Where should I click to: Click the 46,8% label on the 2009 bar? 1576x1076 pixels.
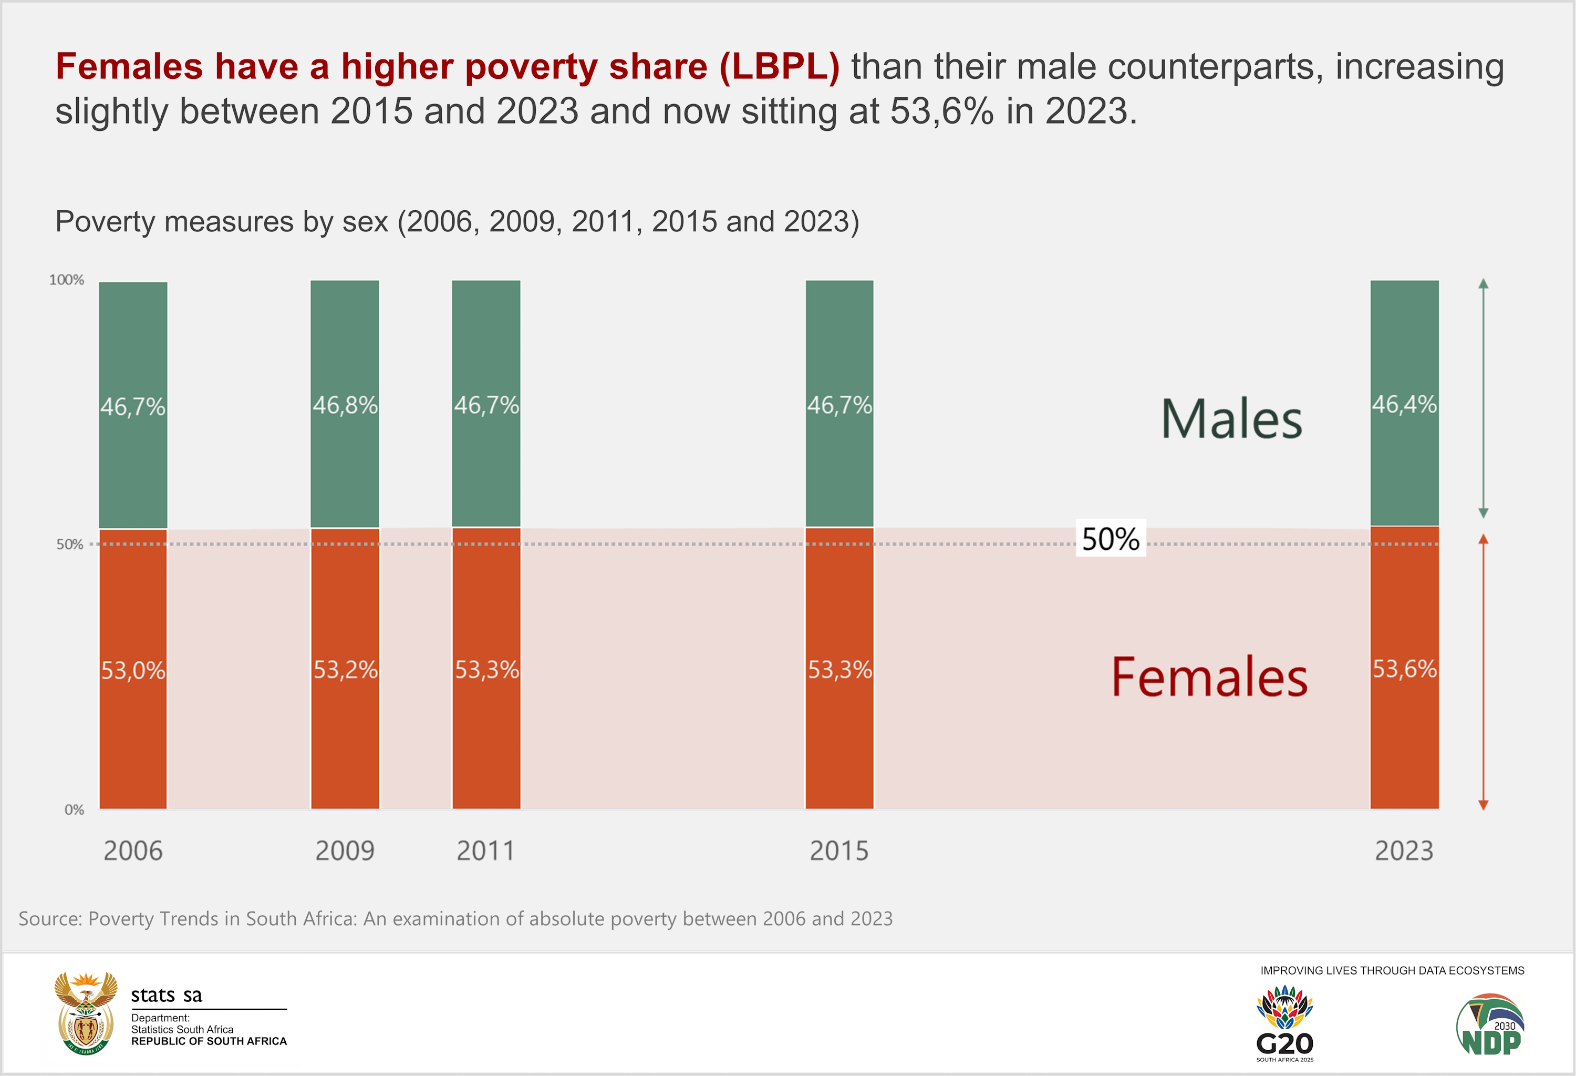345,406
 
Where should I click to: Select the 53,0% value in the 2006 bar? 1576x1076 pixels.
133,671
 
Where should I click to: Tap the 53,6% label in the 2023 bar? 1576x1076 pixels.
1404,670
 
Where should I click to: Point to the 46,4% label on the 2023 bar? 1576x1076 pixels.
1404,405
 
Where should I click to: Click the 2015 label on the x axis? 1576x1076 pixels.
839,850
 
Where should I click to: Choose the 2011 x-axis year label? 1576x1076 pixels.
485,850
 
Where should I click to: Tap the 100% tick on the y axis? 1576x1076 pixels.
67,280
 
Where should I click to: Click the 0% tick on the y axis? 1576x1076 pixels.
74,810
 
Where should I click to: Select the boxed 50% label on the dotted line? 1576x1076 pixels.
1111,539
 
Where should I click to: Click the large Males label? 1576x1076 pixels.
1231,419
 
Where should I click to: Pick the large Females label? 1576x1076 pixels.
1209,677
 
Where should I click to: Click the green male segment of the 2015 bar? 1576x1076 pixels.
839,404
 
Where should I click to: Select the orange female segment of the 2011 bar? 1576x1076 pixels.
486,668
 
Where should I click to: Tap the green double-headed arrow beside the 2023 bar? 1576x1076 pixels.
1483,398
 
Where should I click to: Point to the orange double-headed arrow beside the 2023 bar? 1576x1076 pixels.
1483,672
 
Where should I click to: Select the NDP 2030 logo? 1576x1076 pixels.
1490,1025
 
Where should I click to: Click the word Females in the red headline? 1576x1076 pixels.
129,66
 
